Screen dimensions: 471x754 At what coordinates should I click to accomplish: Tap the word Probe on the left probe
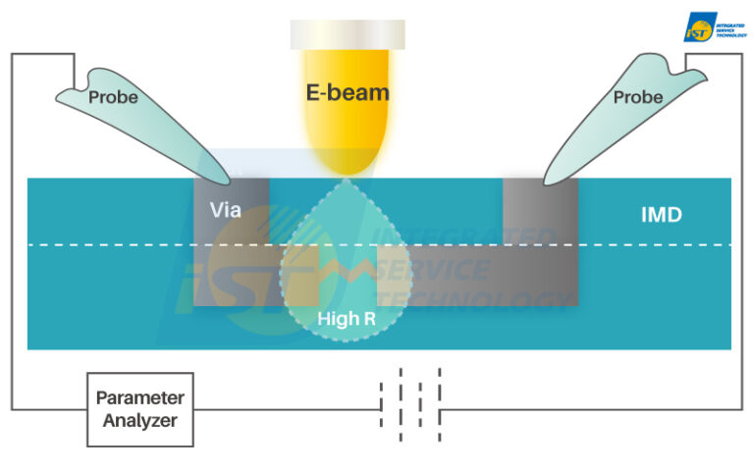click(113, 97)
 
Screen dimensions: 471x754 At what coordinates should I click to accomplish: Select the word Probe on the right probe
click(638, 97)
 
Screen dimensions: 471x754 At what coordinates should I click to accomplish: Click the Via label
click(224, 209)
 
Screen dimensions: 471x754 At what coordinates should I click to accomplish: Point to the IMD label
click(661, 213)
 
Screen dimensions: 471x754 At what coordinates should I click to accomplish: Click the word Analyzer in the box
click(140, 421)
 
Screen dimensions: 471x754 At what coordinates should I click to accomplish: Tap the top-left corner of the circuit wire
click(12, 54)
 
